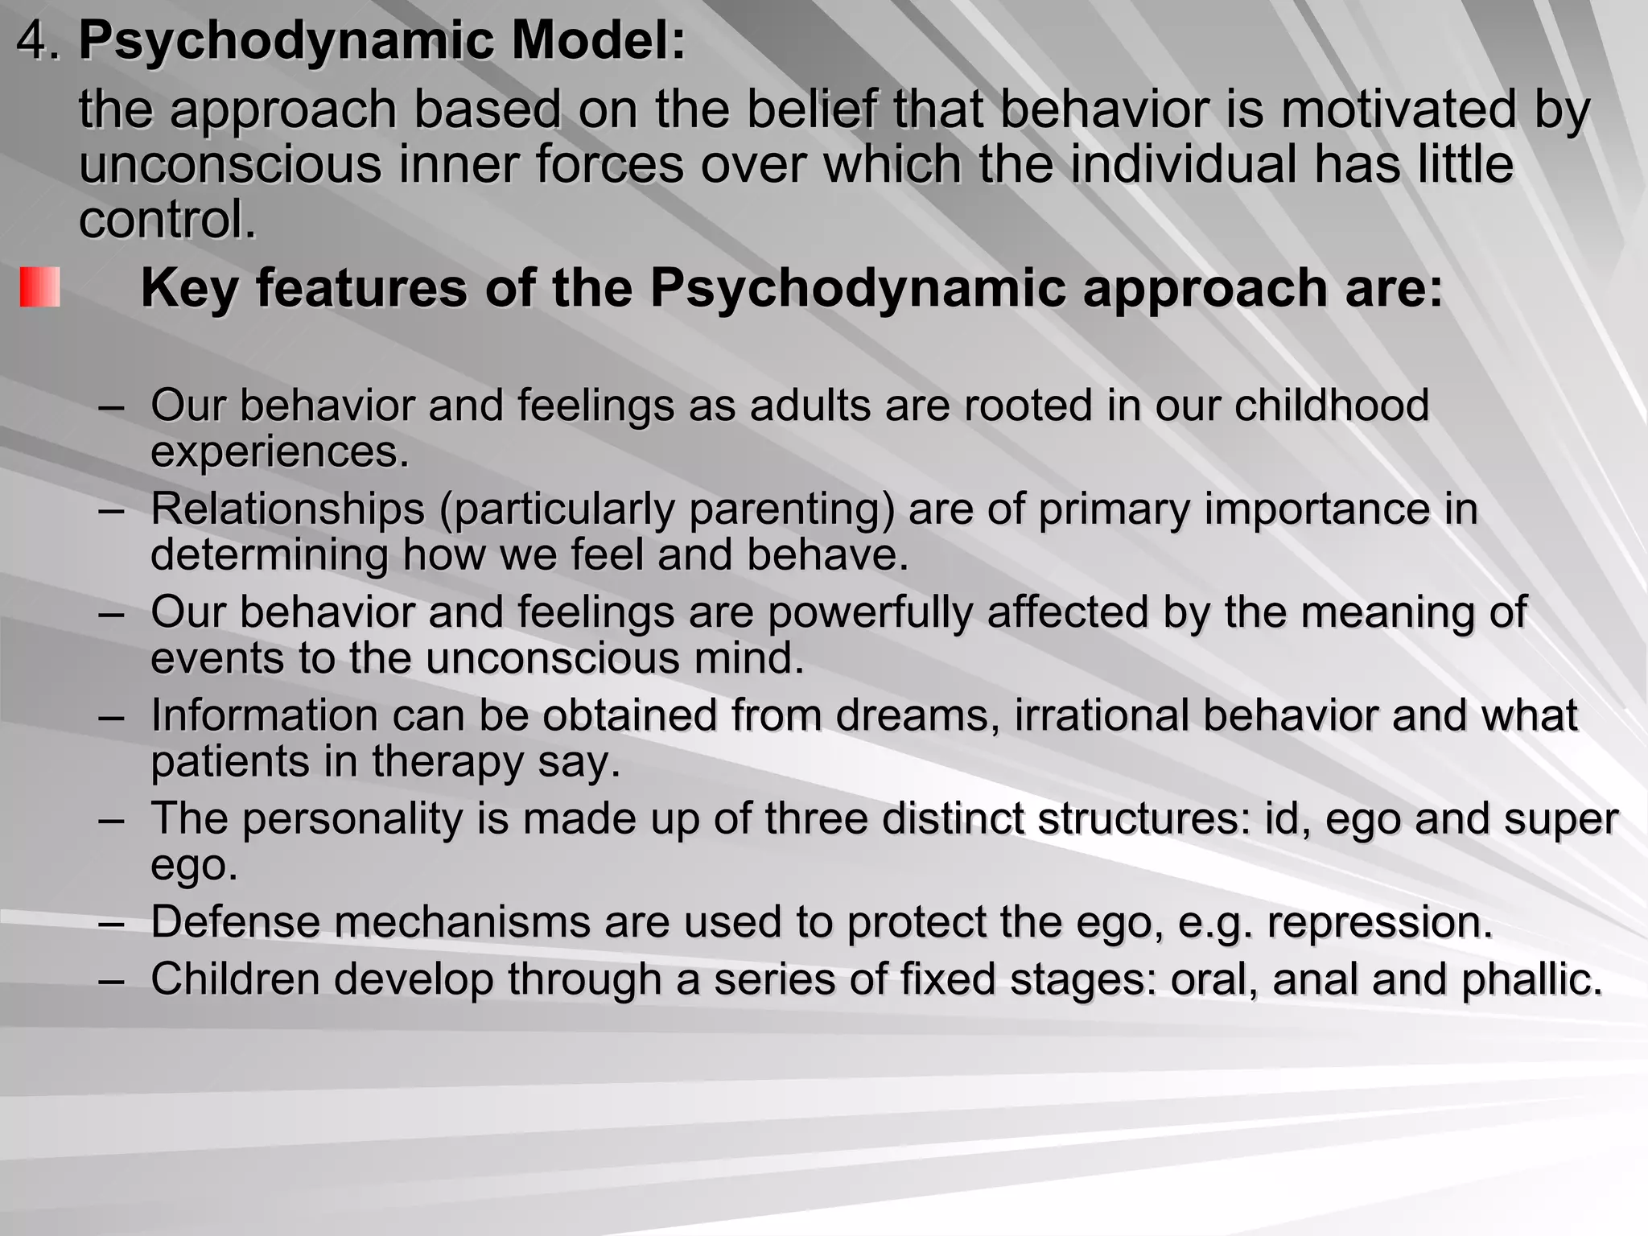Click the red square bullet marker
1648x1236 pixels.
point(40,287)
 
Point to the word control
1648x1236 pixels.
point(167,219)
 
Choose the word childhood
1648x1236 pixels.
point(1332,404)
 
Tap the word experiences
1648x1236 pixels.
point(279,452)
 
